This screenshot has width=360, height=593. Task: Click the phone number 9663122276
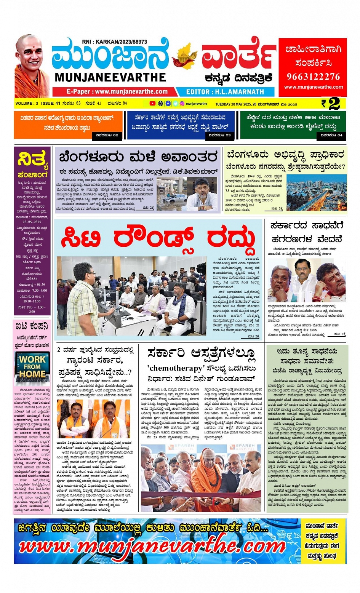pos(313,77)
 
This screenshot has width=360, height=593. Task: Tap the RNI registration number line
pos(114,42)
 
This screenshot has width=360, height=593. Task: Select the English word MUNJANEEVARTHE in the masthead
pos(110,77)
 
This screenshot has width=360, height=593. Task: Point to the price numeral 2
pos(334,104)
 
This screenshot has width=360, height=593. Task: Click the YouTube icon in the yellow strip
pos(152,103)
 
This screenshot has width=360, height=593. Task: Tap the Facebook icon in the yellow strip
pos(168,103)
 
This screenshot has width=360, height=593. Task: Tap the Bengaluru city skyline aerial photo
pos(316,193)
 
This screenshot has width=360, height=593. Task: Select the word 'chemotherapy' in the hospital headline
pos(176,368)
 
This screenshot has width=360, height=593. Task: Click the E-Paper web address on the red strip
pos(117,92)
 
